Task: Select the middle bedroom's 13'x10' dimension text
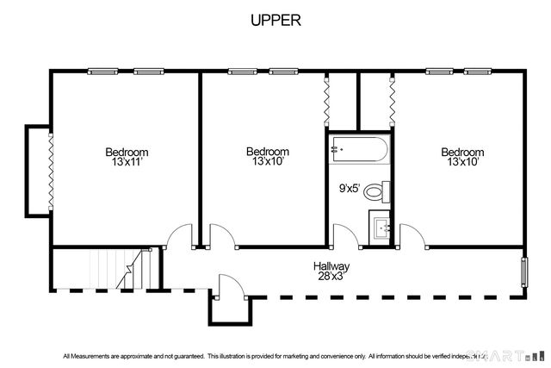coord(267,161)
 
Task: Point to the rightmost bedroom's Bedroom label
coord(462,152)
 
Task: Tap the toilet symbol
coord(375,190)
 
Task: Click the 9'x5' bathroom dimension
coord(349,186)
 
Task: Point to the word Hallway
coord(331,266)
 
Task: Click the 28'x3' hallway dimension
coord(331,277)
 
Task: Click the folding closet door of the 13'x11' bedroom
coord(51,171)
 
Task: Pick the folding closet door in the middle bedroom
coord(327,102)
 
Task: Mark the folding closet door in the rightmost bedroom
coord(392,102)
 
